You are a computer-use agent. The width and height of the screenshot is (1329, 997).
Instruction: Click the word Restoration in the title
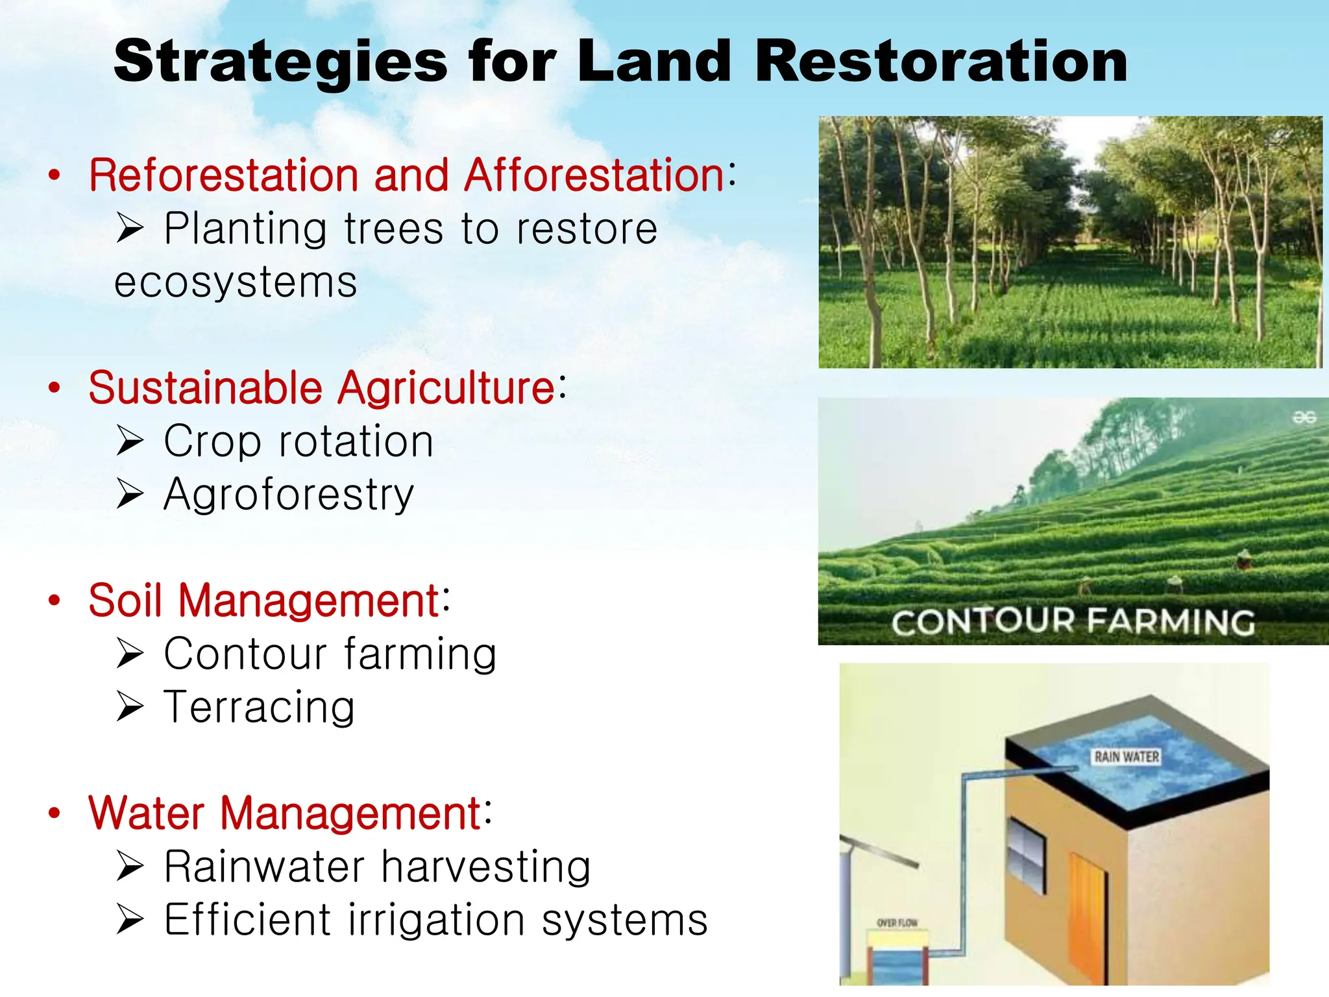941,61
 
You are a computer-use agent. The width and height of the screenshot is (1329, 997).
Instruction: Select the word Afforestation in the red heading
594,175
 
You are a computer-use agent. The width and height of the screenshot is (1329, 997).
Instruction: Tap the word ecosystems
236,282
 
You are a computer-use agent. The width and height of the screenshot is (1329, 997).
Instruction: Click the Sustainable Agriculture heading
322,388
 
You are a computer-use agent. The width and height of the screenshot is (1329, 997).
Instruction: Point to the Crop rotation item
298,442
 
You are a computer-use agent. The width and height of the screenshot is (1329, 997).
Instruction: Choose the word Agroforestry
289,495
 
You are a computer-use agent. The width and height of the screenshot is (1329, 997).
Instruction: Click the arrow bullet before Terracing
130,707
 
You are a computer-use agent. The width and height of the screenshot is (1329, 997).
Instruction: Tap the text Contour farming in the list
330,654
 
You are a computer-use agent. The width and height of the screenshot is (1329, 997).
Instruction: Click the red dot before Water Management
55,813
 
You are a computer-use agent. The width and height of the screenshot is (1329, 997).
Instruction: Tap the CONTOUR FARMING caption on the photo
1073,622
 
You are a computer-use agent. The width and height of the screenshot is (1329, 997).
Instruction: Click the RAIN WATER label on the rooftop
1127,757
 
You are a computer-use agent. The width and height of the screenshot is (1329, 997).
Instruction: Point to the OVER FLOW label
897,922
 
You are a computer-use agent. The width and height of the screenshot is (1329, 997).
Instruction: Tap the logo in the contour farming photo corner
1304,417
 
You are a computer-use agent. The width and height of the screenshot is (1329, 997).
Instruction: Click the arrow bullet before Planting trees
130,228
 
